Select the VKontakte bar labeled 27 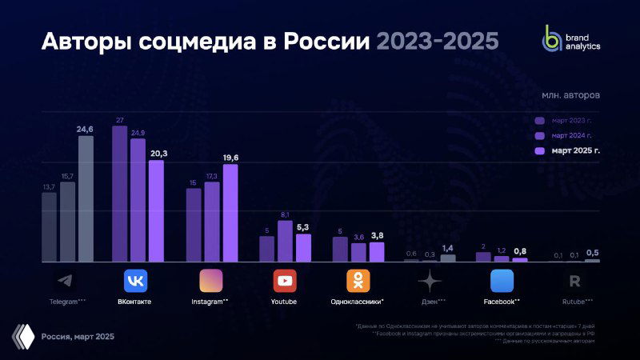pyautogui.click(x=119, y=194)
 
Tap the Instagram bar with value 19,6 pyautogui.click(x=230, y=213)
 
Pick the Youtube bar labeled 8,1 pyautogui.click(x=285, y=242)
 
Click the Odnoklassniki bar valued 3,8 pyautogui.click(x=376, y=252)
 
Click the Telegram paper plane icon pyautogui.click(x=63, y=281)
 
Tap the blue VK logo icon pyautogui.click(x=135, y=281)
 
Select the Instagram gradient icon pyautogui.click(x=210, y=281)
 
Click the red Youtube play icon pyautogui.click(x=285, y=281)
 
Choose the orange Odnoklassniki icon pyautogui.click(x=358, y=281)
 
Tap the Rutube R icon pyautogui.click(x=574, y=281)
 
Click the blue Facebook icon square pyautogui.click(x=502, y=281)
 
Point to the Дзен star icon pyautogui.click(x=430, y=281)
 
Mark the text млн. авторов pyautogui.click(x=570, y=95)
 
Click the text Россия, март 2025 pyautogui.click(x=78, y=337)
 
